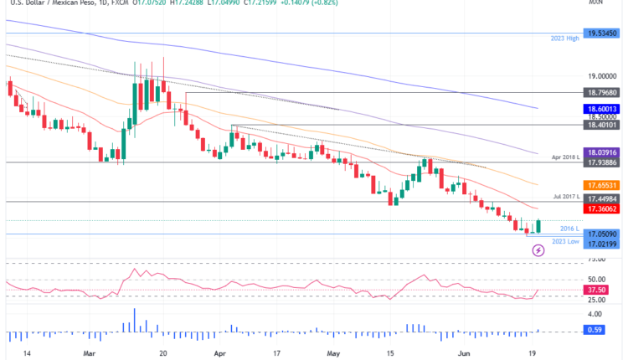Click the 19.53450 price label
(x=600, y=33)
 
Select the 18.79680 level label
(x=600, y=93)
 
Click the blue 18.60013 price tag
(x=600, y=109)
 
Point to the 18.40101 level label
(x=600, y=124)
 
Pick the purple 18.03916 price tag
(x=600, y=152)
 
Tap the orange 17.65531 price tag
(x=600, y=184)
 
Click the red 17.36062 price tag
(x=600, y=208)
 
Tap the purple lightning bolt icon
(x=538, y=250)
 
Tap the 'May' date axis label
(x=336, y=354)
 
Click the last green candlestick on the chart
(x=538, y=226)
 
